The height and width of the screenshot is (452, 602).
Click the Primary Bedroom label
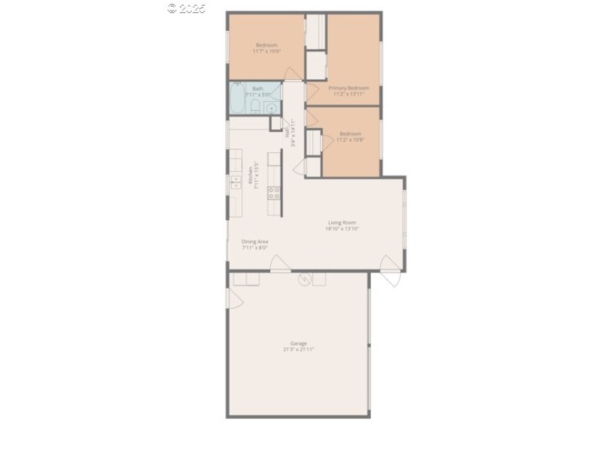348,87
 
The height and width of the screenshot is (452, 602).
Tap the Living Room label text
342,222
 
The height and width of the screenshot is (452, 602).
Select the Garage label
299,343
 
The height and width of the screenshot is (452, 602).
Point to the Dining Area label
254,241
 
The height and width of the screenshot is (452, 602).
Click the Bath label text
257,88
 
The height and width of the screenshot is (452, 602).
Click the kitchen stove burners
274,192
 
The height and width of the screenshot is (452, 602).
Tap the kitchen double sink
236,182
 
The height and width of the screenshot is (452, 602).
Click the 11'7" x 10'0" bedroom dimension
265,51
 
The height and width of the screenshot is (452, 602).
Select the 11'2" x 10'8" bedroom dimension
350,140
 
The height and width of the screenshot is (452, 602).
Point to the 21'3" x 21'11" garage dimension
299,350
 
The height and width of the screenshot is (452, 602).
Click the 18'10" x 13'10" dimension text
342,229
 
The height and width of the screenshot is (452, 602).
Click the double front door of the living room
391,271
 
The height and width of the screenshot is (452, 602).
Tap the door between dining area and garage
280,265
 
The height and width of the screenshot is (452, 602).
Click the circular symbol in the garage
305,279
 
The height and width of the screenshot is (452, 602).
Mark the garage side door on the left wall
233,299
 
